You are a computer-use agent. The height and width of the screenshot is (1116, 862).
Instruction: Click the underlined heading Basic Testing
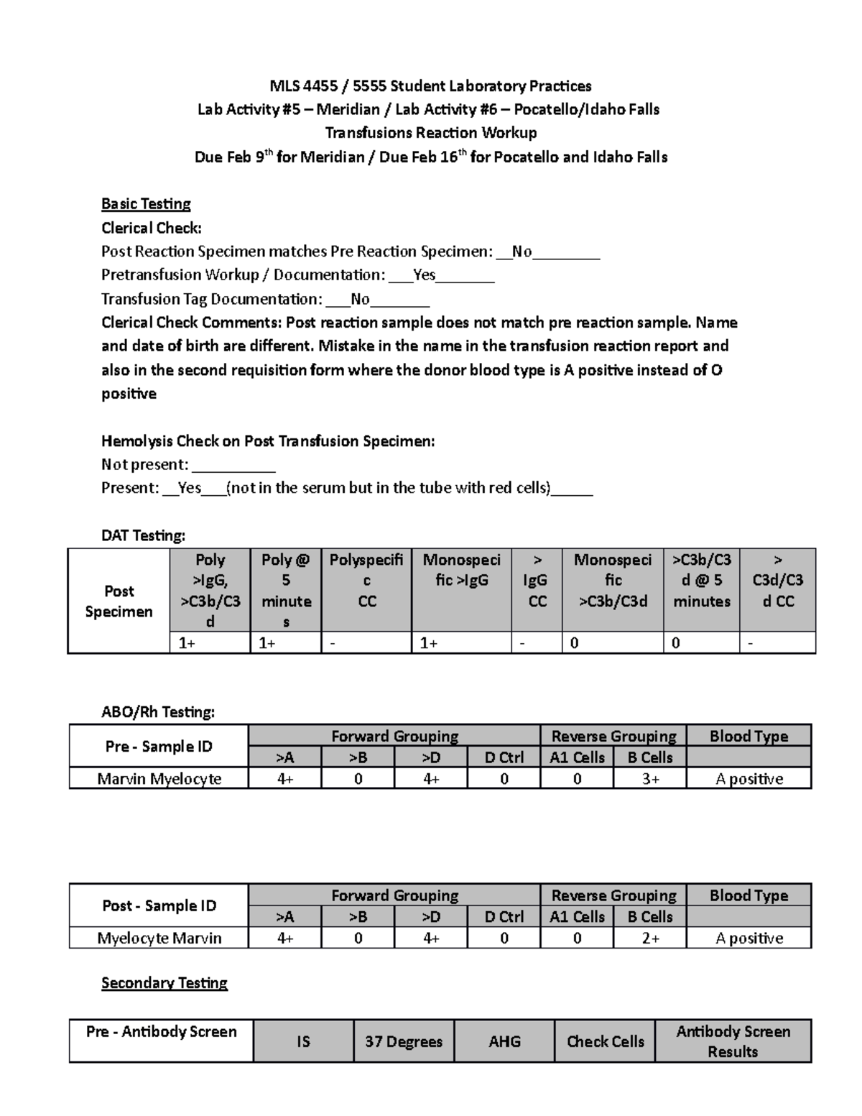(x=146, y=204)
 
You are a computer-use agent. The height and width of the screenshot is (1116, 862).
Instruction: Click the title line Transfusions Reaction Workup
(x=430, y=133)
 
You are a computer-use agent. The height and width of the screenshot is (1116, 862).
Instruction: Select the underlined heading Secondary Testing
(x=164, y=982)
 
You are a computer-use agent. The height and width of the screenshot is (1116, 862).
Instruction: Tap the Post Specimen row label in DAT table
(x=119, y=601)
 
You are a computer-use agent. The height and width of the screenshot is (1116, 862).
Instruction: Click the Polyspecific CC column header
(x=366, y=580)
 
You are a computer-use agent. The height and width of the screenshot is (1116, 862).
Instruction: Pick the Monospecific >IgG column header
(x=461, y=570)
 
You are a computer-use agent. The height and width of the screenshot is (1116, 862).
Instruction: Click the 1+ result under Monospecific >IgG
(x=429, y=643)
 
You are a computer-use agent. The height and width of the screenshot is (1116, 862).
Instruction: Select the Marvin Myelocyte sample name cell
(x=159, y=778)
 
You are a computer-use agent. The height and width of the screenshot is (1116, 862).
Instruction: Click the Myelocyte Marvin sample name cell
(x=159, y=938)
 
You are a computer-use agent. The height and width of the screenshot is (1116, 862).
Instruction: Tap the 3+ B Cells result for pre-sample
(x=650, y=778)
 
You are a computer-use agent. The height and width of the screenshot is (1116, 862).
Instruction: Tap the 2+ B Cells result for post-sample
(x=650, y=938)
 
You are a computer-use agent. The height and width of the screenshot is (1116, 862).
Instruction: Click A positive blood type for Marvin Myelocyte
(x=749, y=778)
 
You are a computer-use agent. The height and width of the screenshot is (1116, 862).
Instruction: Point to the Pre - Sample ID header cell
(x=159, y=746)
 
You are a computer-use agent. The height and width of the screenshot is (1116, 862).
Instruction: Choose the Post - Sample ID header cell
(x=159, y=905)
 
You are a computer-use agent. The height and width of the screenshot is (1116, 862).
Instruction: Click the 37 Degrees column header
(x=404, y=1041)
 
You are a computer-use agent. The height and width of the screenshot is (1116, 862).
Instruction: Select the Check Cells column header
(x=605, y=1041)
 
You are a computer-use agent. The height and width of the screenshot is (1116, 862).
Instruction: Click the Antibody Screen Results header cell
(x=733, y=1041)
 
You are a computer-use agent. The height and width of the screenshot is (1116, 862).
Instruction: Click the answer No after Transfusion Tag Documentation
(x=360, y=299)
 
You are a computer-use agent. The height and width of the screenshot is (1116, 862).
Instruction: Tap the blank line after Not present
(x=234, y=465)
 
